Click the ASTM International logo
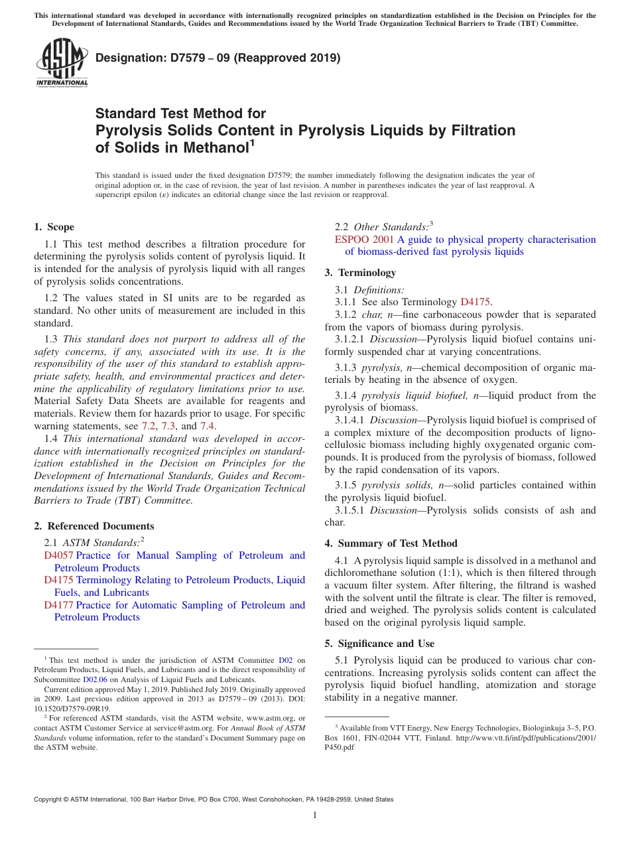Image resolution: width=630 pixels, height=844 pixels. point(62,63)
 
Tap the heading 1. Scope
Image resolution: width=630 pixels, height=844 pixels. point(54,227)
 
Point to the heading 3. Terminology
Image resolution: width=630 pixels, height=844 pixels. point(360,273)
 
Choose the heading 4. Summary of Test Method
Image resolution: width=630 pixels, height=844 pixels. point(391,543)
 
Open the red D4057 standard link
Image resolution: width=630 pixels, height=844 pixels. point(58,555)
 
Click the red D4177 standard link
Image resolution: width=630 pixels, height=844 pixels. point(58,605)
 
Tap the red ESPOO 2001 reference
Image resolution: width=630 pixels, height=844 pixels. point(364,240)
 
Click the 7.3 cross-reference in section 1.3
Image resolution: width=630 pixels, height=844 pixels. point(168,426)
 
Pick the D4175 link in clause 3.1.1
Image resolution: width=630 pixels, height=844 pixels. point(475,302)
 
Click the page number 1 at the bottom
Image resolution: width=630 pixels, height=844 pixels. point(315,815)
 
